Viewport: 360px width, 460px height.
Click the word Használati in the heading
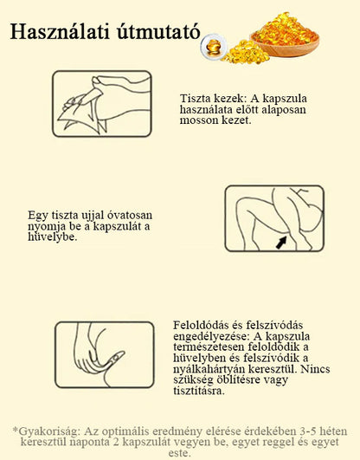[x=60, y=31]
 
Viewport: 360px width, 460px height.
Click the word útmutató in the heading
[x=159, y=31]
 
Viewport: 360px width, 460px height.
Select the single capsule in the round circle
[x=214, y=47]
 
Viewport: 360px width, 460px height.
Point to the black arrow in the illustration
[x=281, y=243]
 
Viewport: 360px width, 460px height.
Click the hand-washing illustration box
[x=102, y=104]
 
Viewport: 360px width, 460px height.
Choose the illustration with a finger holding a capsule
[x=105, y=354]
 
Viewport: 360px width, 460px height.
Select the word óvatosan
[x=129, y=215]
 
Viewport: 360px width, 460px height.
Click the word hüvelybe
[x=53, y=237]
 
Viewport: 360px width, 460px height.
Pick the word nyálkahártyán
[x=209, y=369]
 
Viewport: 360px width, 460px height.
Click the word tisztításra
[x=199, y=391]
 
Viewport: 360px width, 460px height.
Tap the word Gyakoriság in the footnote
[x=48, y=431]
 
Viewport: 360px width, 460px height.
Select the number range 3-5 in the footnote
[x=307, y=431]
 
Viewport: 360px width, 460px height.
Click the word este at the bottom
[x=180, y=453]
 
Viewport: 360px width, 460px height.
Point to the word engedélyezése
[x=212, y=336]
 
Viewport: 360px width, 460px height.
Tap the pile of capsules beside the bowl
[x=246, y=52]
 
